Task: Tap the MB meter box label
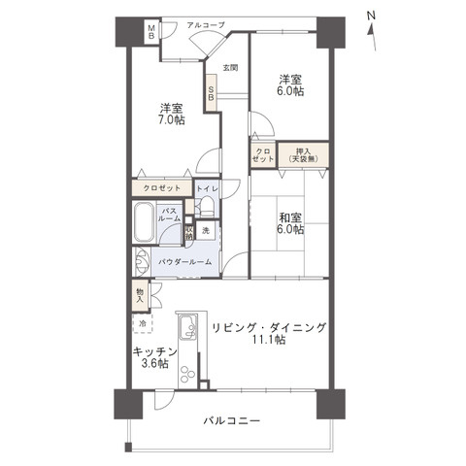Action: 150,31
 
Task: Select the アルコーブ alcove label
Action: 208,24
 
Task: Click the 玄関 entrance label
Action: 229,68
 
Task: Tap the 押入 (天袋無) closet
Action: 304,155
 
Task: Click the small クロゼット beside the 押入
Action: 264,155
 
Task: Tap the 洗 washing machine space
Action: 206,231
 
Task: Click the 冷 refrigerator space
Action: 142,323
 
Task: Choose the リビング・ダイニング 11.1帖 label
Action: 269,333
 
